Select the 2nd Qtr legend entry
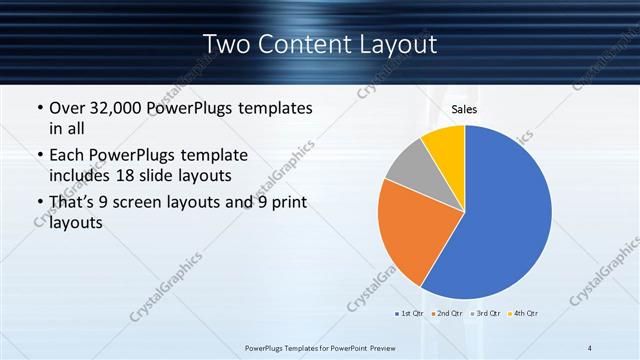pos(446,314)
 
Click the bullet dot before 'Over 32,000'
pos(38,108)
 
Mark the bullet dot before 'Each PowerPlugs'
pos(38,157)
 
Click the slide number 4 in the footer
pos(591,347)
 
